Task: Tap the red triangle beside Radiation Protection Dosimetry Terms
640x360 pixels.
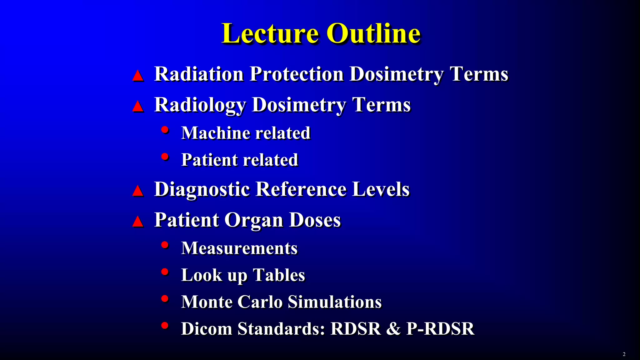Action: tap(138, 76)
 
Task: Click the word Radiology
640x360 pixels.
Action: tap(200, 105)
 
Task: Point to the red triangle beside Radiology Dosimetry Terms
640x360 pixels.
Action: tap(138, 107)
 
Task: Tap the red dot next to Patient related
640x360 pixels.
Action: tap(165, 156)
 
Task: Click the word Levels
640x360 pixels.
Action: tap(381, 189)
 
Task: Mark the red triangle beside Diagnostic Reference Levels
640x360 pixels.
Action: tap(138, 191)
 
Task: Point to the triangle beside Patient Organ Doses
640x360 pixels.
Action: tap(138, 222)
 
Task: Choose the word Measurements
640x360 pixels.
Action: tap(239, 248)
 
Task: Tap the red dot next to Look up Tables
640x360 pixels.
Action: tap(165, 272)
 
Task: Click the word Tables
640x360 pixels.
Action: tap(279, 275)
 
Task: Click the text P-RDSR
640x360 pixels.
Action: tap(440, 329)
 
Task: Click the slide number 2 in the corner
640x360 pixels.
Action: tap(624, 354)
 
